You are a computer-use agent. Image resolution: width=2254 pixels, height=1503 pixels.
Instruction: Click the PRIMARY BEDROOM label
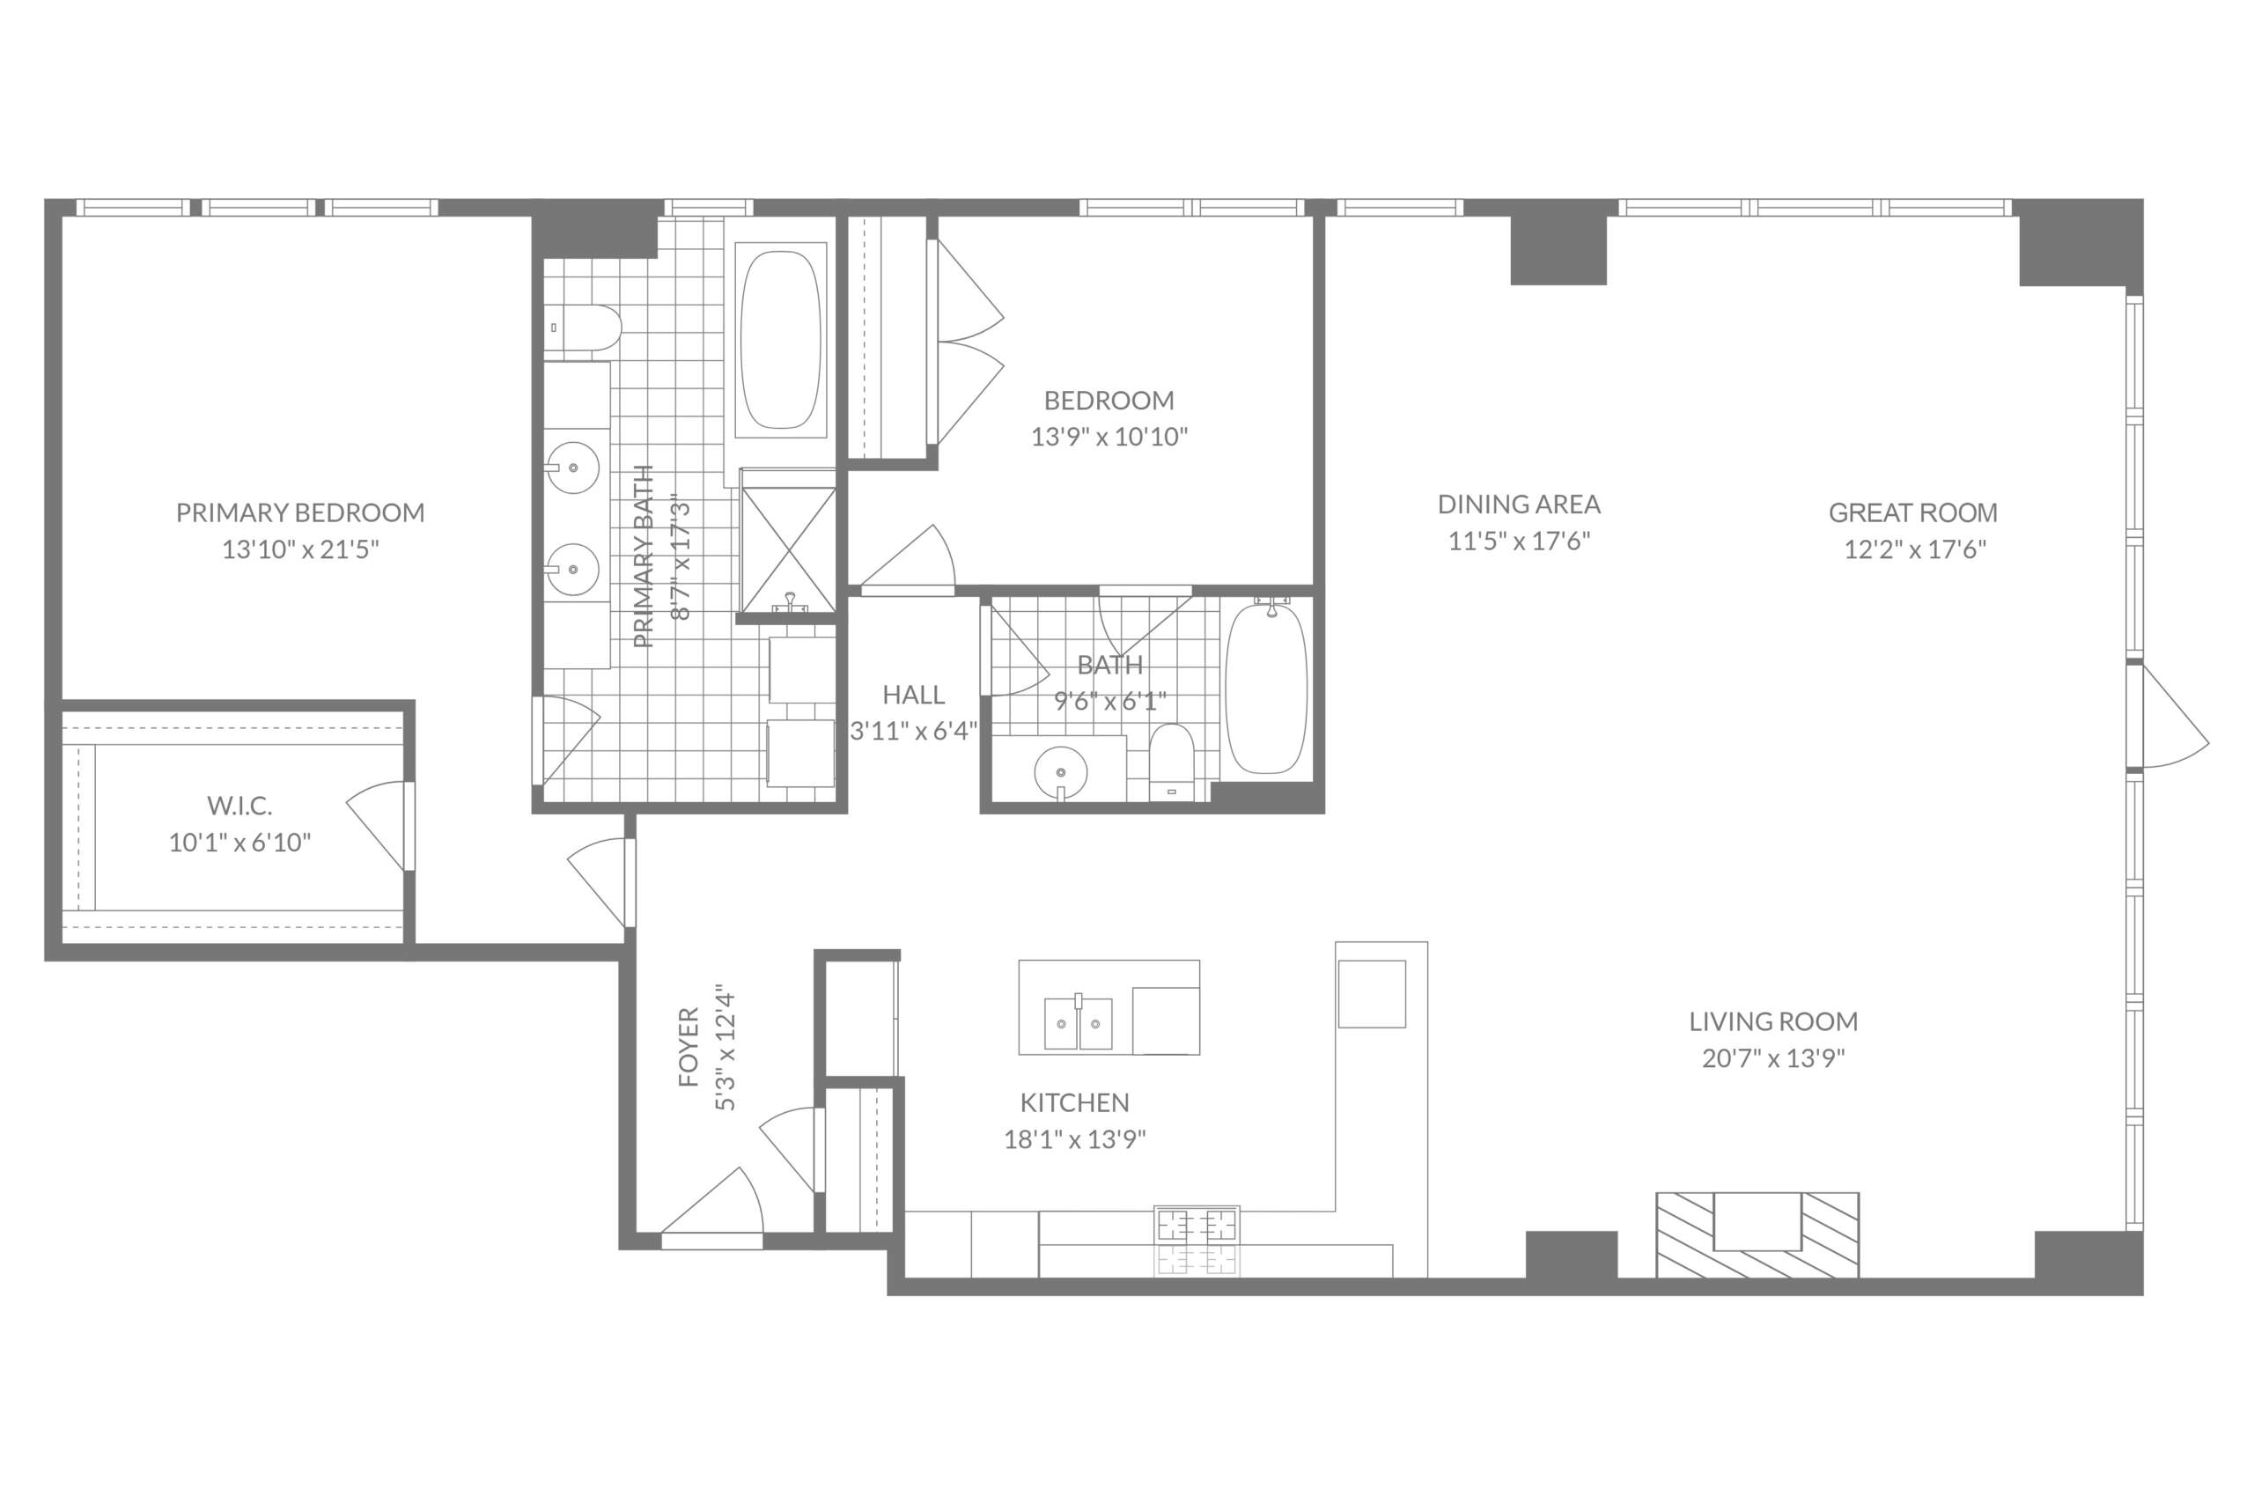300,512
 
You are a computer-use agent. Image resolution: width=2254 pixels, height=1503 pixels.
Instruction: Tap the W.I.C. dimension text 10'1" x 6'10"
239,843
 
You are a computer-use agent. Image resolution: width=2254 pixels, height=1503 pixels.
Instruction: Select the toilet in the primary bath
584,328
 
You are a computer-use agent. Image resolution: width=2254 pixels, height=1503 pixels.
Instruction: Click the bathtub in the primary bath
781,339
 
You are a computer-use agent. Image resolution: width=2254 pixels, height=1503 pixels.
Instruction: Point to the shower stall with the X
789,549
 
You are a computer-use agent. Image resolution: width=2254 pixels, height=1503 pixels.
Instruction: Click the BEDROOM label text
1109,400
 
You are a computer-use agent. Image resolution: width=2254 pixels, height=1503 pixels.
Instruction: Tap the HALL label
913,694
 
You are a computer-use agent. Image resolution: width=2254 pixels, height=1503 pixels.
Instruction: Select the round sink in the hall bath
1061,771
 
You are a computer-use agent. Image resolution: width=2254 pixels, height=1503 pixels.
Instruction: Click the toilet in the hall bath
1171,761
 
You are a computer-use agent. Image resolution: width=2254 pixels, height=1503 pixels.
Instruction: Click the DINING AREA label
1519,505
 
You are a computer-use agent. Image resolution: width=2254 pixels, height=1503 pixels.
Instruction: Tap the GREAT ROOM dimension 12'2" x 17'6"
1915,549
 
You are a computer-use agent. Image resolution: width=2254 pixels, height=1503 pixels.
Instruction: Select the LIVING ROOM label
1773,1021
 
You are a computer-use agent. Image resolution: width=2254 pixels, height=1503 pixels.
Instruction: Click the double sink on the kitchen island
1079,1024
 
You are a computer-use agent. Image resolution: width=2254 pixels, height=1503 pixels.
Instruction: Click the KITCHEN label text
1074,1102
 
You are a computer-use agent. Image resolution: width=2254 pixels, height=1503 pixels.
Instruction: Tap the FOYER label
688,1047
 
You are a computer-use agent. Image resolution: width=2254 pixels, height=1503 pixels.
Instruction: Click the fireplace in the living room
1757,1234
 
